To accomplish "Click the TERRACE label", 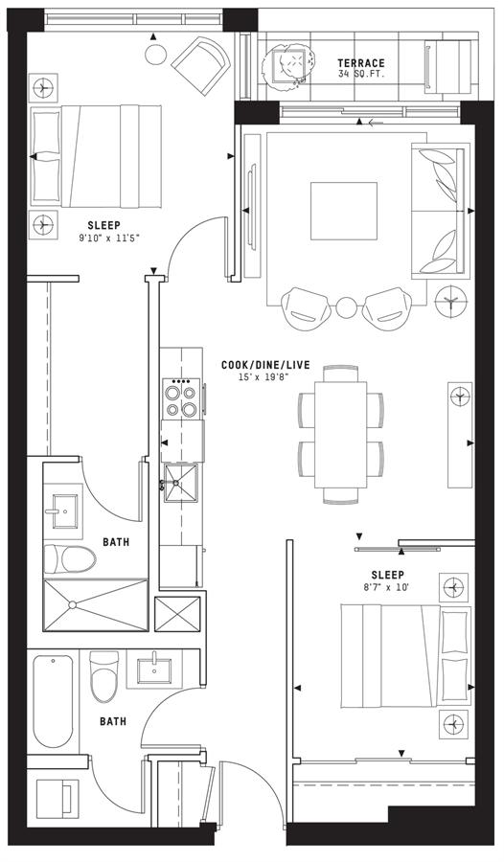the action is click(x=361, y=63).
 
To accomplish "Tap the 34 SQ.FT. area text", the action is click(x=361, y=74).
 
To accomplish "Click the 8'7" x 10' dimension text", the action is click(x=387, y=587).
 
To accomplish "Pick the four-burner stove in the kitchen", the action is click(x=181, y=398).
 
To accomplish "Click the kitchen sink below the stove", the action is click(x=181, y=482).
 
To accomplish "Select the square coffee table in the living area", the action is click(x=344, y=211).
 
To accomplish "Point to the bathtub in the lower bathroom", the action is click(x=53, y=700).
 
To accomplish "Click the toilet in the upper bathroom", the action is click(x=70, y=559).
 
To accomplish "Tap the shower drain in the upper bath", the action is click(x=72, y=604).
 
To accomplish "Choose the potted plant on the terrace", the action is click(x=290, y=65).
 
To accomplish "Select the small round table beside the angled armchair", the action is click(x=156, y=55).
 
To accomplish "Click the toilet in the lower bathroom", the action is click(x=104, y=677).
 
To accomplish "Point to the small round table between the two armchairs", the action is click(x=347, y=307).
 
